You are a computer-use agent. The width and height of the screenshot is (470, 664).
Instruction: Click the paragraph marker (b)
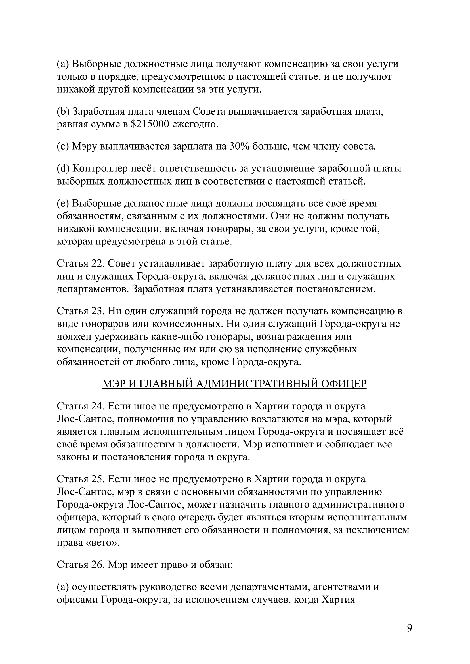[x=63, y=112]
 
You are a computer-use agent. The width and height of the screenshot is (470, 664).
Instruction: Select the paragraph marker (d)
[x=63, y=168]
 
